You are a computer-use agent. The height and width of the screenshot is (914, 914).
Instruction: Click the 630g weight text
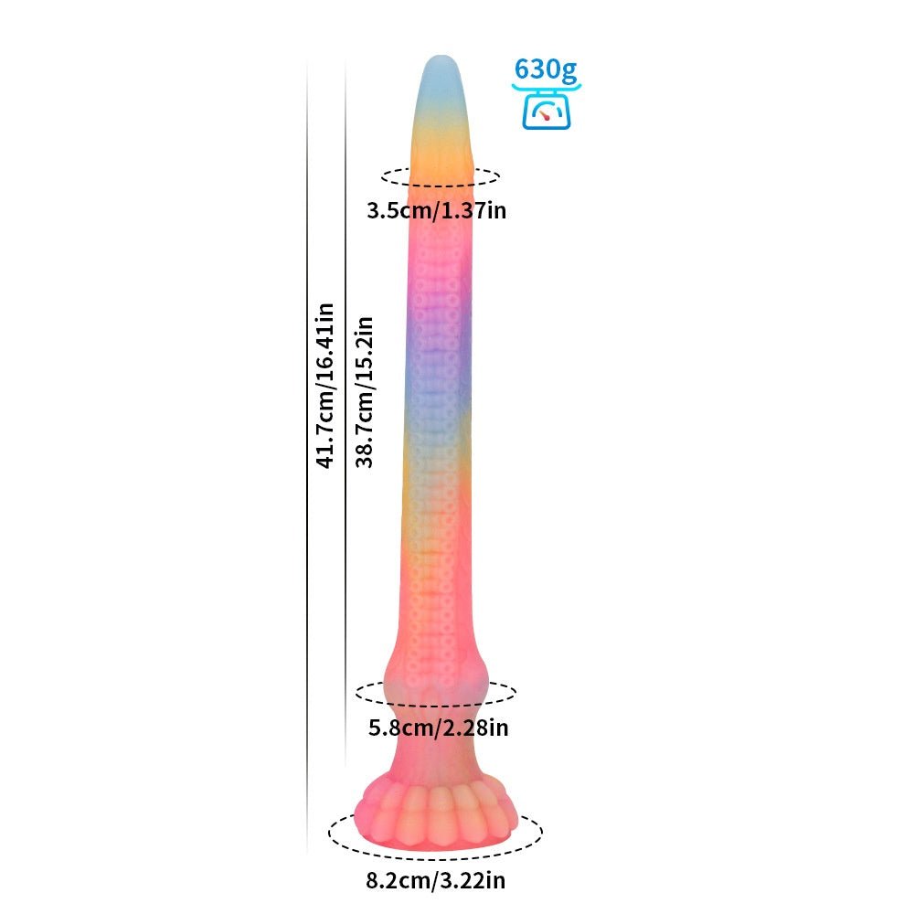click(x=546, y=70)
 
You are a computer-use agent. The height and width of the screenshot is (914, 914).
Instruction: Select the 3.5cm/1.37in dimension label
click(x=437, y=210)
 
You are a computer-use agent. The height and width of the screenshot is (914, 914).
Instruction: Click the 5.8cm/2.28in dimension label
click(x=439, y=728)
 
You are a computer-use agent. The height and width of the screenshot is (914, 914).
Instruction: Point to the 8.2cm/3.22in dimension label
click(x=436, y=880)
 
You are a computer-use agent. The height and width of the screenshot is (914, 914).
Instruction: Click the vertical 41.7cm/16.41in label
click(x=325, y=386)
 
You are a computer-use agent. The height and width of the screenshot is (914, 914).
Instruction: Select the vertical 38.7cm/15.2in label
click(x=365, y=392)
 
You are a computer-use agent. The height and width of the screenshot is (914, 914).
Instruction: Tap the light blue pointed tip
click(x=441, y=81)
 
